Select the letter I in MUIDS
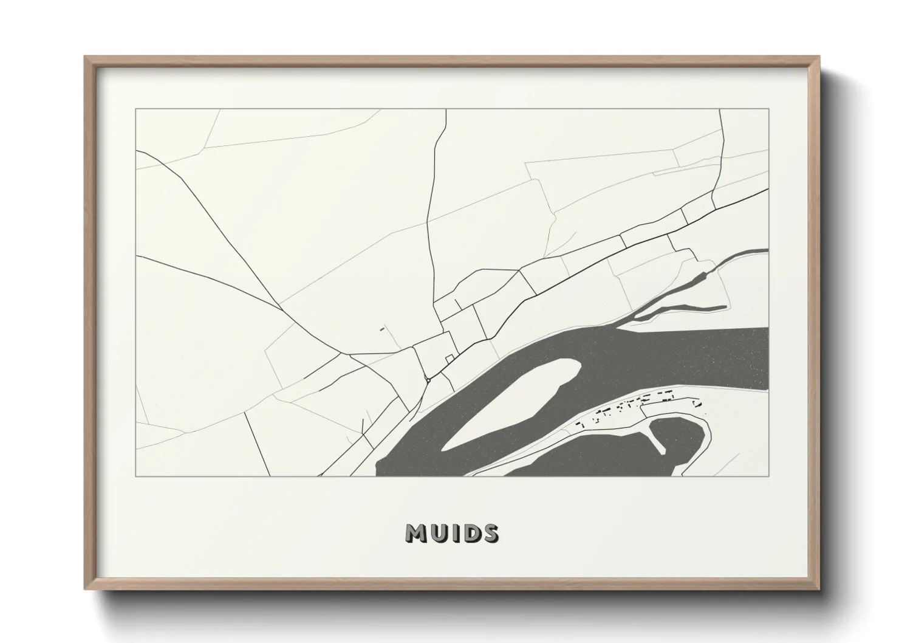(x=457, y=534)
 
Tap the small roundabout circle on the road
(x=428, y=380)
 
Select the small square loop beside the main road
(x=449, y=359)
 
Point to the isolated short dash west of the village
(x=382, y=329)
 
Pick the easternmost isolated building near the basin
(x=698, y=402)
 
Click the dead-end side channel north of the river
(x=680, y=308)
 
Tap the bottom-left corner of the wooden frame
(x=86, y=589)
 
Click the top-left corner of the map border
(x=135, y=109)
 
